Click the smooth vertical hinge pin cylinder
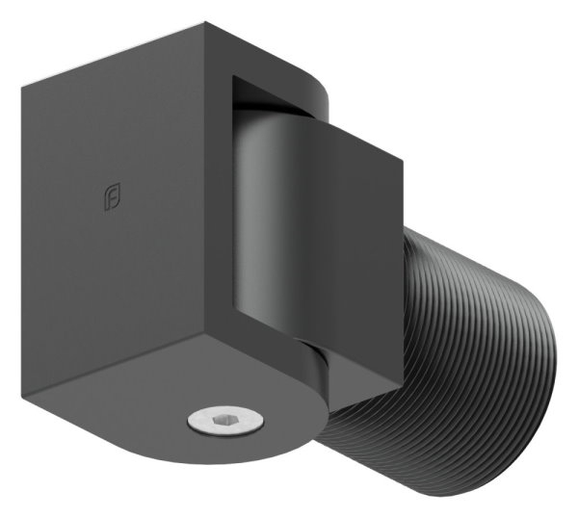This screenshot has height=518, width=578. tap(260, 212)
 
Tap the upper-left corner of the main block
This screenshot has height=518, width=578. tap(23, 85)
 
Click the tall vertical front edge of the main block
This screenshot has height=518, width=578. tap(228, 241)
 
